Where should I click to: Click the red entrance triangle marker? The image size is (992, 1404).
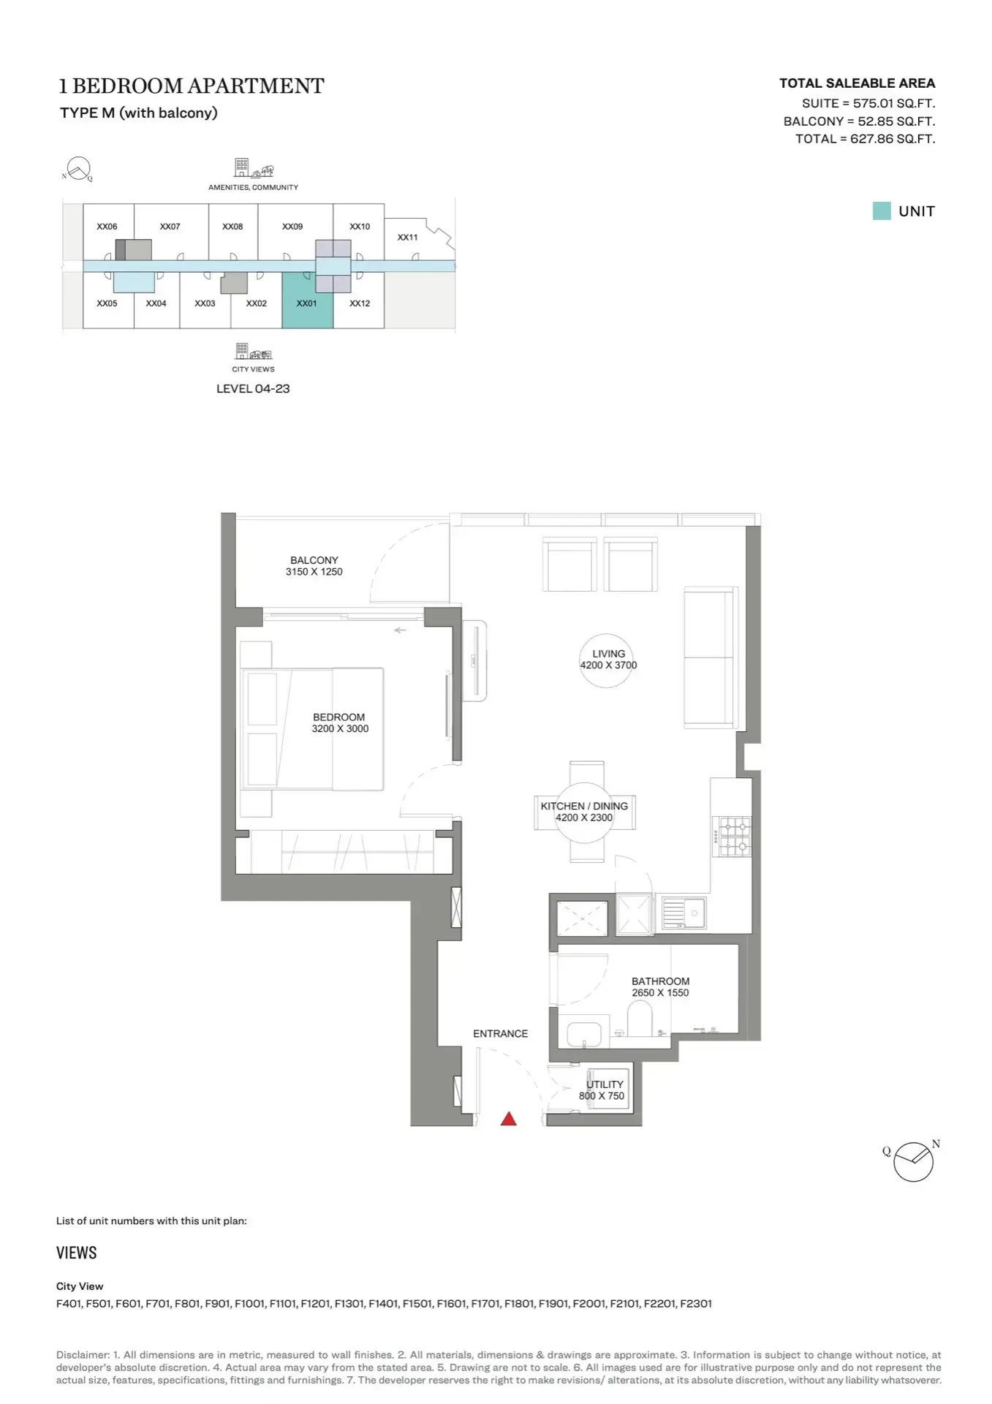pos(508,1118)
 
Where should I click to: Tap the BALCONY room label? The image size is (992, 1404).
pos(314,560)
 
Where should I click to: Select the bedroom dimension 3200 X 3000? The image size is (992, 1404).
pos(340,729)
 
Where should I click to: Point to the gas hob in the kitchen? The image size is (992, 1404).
pos(733,836)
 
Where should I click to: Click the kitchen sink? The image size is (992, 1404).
pos(684,913)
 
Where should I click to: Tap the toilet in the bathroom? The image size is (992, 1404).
pos(640,1017)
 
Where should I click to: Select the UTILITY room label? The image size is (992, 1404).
pos(605,1084)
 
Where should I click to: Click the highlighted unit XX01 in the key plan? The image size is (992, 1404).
pos(308,300)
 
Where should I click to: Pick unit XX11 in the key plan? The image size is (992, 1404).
pos(408,238)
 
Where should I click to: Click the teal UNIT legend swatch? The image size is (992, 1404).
pos(882,211)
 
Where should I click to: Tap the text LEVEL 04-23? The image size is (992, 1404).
pos(253,389)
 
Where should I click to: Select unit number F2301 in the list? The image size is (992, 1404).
pos(696,1303)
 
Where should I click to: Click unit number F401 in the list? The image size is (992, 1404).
pos(69,1303)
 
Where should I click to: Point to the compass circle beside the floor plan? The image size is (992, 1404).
pos(913,1162)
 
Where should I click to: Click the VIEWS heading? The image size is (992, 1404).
pos(77,1253)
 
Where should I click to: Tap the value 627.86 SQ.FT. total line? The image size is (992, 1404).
pos(893,139)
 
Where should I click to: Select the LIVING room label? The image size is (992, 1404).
pos(609,654)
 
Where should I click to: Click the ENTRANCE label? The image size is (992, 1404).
pos(500,1034)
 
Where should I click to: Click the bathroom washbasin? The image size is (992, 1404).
pos(584,1034)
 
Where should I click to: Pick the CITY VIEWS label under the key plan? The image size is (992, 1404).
pos(253,369)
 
